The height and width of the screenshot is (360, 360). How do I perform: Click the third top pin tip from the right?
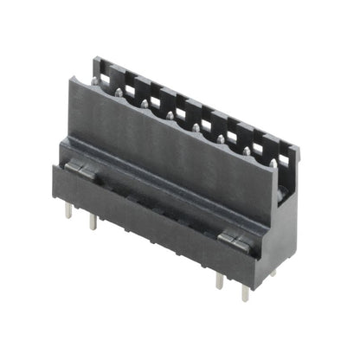[x=222, y=138]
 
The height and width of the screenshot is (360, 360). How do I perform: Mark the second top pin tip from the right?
[x=247, y=149]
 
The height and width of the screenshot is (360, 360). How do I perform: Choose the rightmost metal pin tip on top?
[x=273, y=161]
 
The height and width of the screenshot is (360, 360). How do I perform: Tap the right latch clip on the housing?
[x=233, y=239]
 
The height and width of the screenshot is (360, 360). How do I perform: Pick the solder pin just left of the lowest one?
[x=218, y=283]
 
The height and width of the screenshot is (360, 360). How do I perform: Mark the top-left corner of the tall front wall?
[x=71, y=78]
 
